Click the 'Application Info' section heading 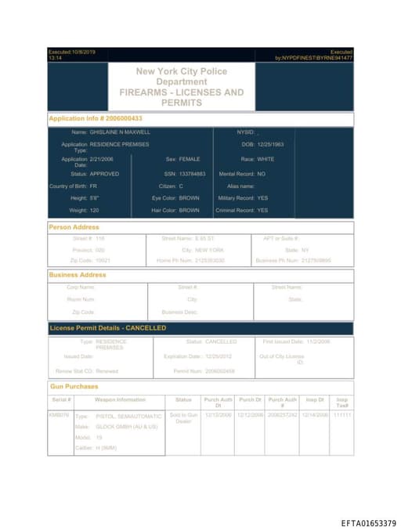click(x=96, y=118)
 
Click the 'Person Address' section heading click(x=74, y=227)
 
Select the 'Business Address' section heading click(x=78, y=275)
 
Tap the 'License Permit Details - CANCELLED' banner click(x=108, y=327)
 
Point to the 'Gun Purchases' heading click(x=74, y=386)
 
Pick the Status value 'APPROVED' click(x=104, y=173)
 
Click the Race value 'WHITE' click(x=255, y=159)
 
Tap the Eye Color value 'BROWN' click(x=190, y=198)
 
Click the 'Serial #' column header click(x=60, y=399)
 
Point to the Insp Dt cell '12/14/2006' click(x=315, y=415)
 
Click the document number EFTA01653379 click(x=368, y=522)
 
